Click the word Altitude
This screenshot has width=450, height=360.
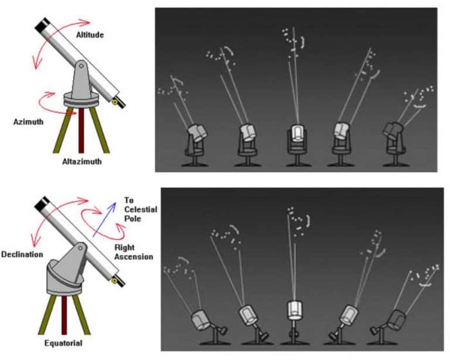[90, 35]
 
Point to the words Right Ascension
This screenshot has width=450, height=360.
[134, 252]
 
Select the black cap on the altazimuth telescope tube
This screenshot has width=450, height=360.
[42, 25]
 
